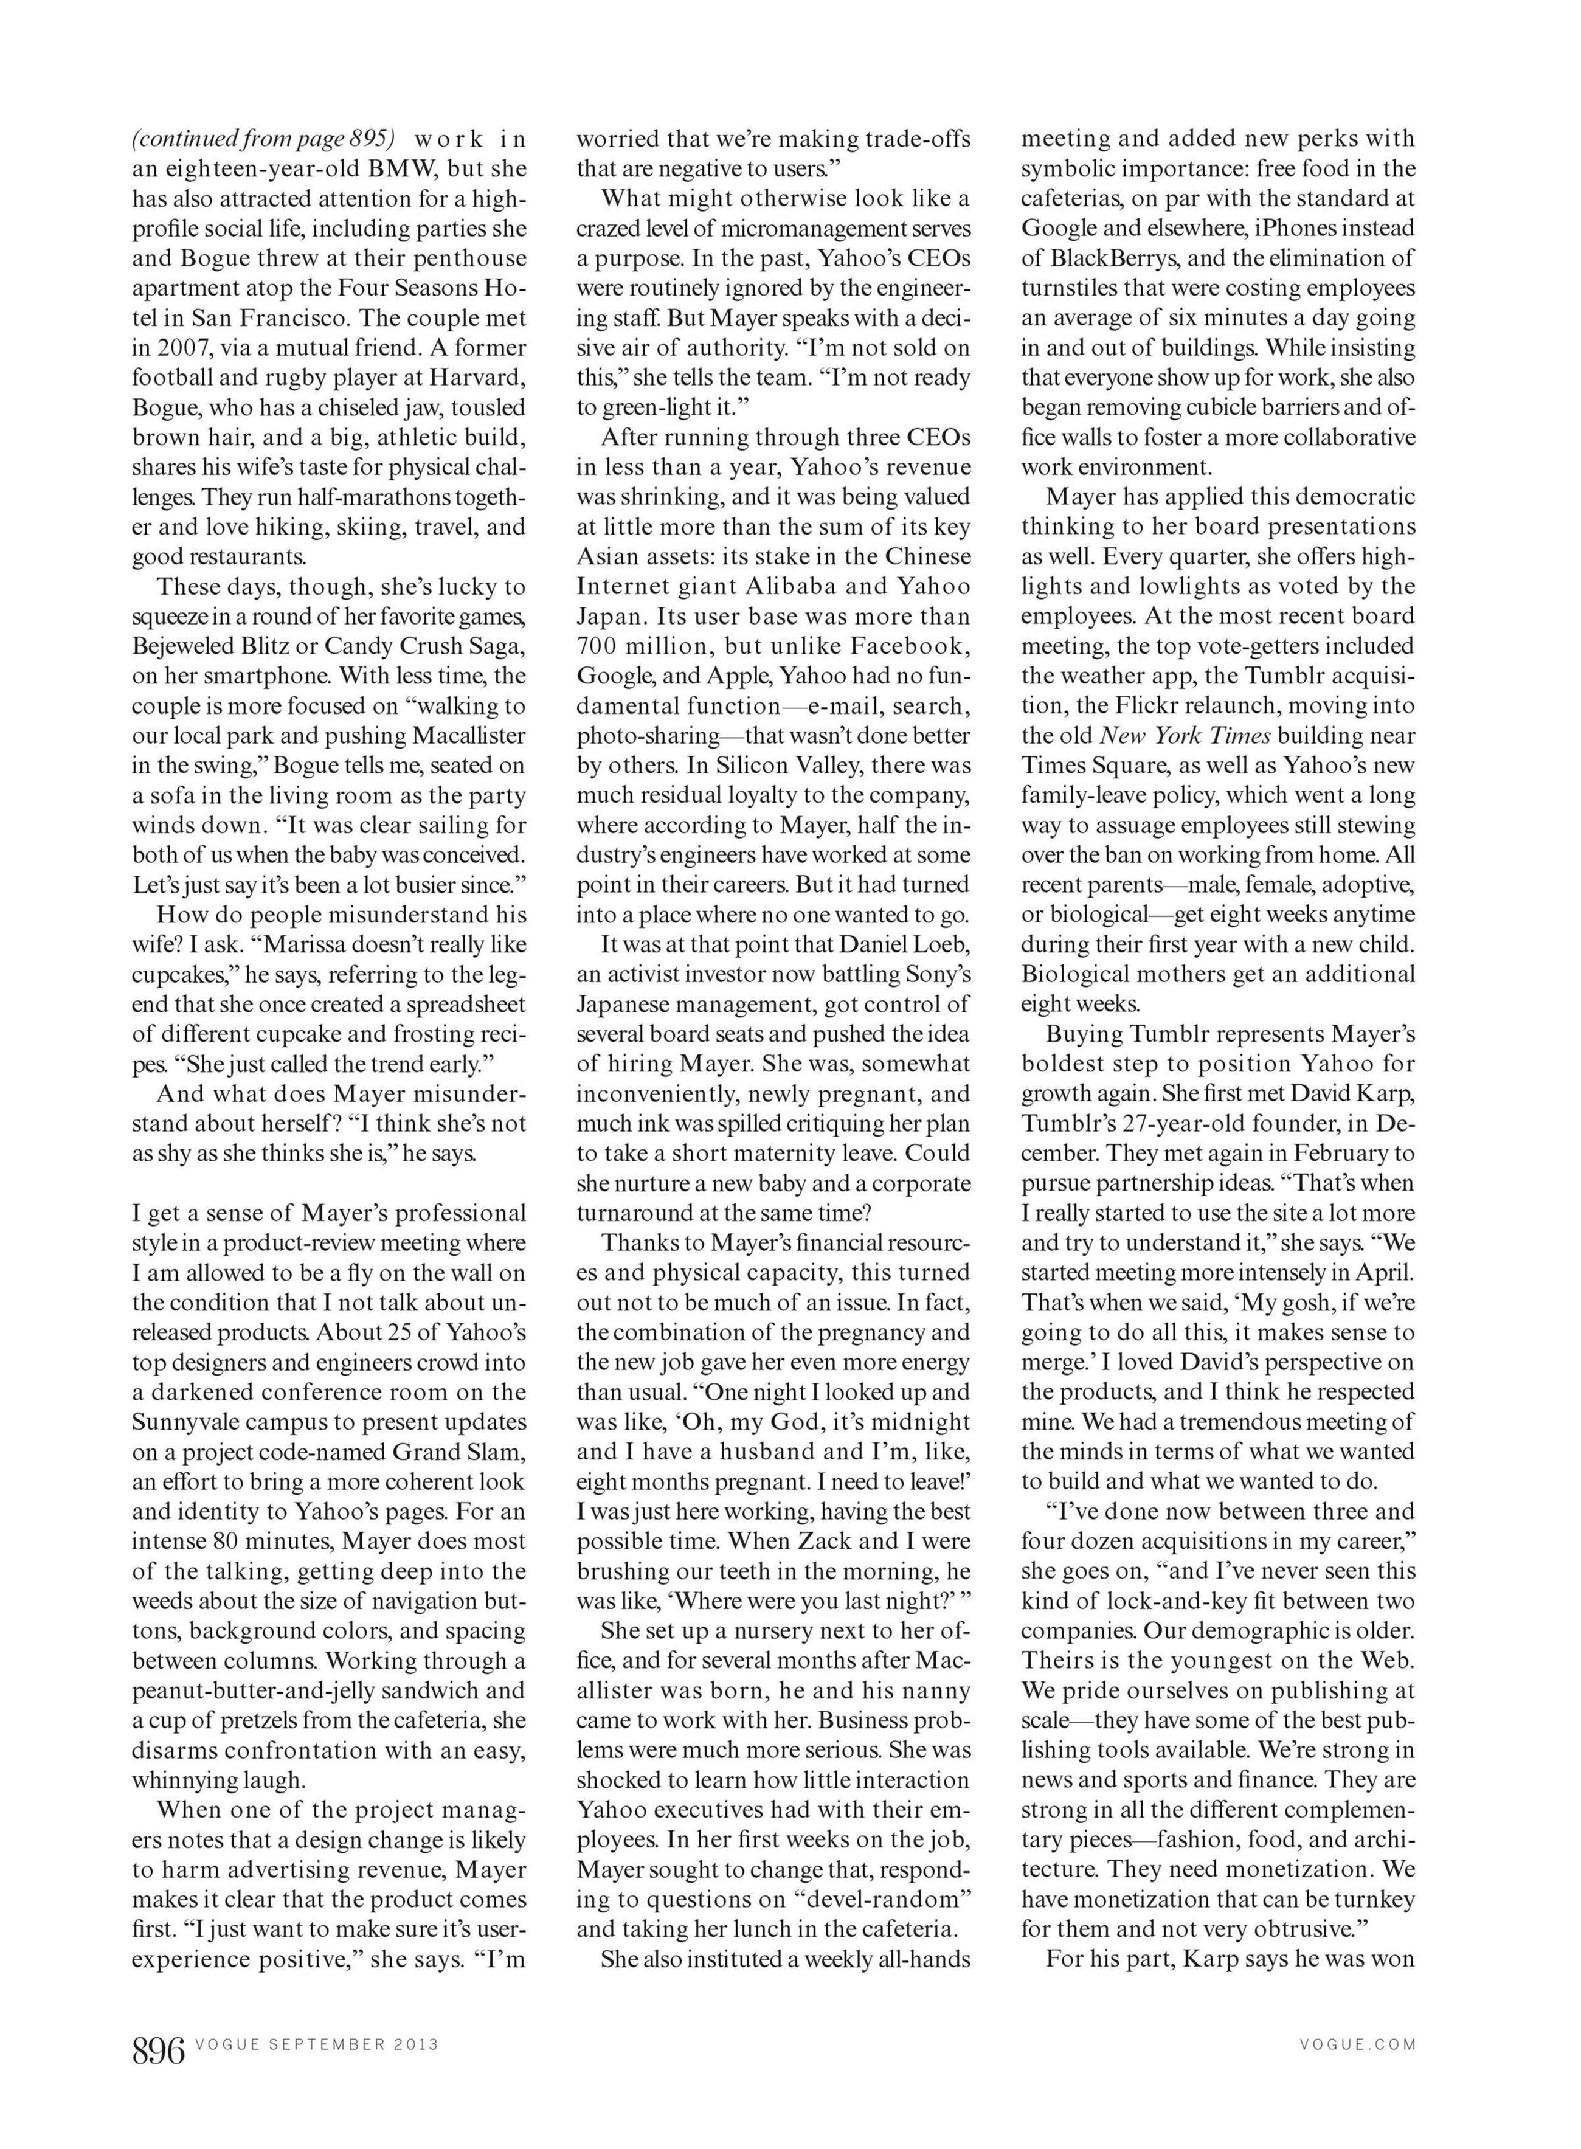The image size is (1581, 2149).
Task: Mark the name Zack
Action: [826, 1542]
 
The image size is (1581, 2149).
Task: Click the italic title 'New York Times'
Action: [1185, 736]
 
